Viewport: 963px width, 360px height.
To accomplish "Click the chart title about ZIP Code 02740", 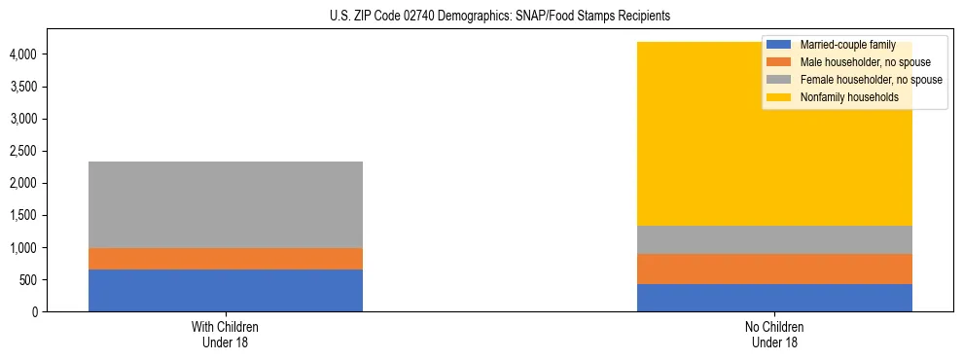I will pyautogui.click(x=481, y=17).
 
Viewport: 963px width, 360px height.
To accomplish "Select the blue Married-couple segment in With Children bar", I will pyautogui.click(x=226, y=290).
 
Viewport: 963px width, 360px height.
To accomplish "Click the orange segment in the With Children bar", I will pyautogui.click(x=226, y=259).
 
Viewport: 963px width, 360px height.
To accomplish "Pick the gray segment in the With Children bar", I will pyautogui.click(x=226, y=204).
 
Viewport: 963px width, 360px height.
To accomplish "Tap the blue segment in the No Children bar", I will pyautogui.click(x=774, y=298).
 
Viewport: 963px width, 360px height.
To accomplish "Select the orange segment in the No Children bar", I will pyautogui.click(x=774, y=270).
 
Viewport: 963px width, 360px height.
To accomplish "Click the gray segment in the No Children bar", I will pyautogui.click(x=774, y=240).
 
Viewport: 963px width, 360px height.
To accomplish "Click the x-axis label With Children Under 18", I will pyautogui.click(x=226, y=334).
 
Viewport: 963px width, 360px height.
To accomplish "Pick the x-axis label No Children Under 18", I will pyautogui.click(x=774, y=334).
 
